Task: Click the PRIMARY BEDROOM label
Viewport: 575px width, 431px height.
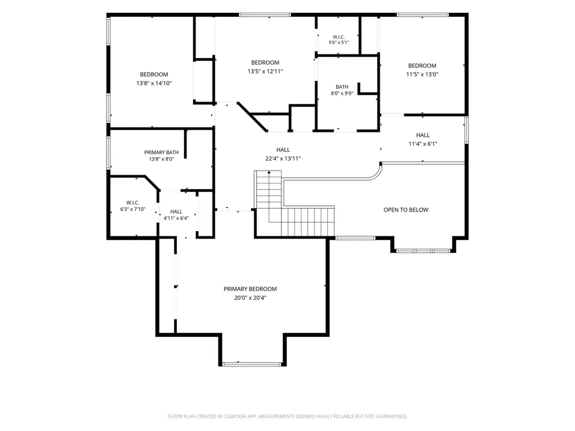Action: pos(250,289)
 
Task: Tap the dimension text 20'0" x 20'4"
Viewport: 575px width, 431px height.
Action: pos(250,297)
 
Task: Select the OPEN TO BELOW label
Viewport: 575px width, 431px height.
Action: pos(406,210)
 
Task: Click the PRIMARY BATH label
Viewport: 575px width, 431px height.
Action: pos(161,152)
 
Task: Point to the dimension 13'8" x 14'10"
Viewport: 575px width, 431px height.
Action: pos(154,83)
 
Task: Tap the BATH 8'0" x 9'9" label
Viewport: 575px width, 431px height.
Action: pos(342,90)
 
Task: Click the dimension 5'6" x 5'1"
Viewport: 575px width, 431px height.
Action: pos(339,43)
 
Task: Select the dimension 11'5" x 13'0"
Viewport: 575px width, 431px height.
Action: pos(422,74)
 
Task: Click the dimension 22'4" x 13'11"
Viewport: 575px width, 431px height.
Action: pos(283,158)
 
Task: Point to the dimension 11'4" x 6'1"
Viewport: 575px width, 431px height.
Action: pos(423,144)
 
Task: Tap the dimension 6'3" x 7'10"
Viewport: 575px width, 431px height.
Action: pos(133,209)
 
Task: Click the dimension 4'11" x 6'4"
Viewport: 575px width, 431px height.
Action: pos(176,218)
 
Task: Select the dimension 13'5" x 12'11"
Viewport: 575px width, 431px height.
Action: pos(265,71)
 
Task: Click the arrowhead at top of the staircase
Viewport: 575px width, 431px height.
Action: pos(269,172)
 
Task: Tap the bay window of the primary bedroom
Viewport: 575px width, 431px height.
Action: pos(252,364)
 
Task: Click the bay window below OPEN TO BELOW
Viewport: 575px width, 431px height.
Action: pos(423,251)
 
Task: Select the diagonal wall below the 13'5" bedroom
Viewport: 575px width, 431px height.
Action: pos(252,117)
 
